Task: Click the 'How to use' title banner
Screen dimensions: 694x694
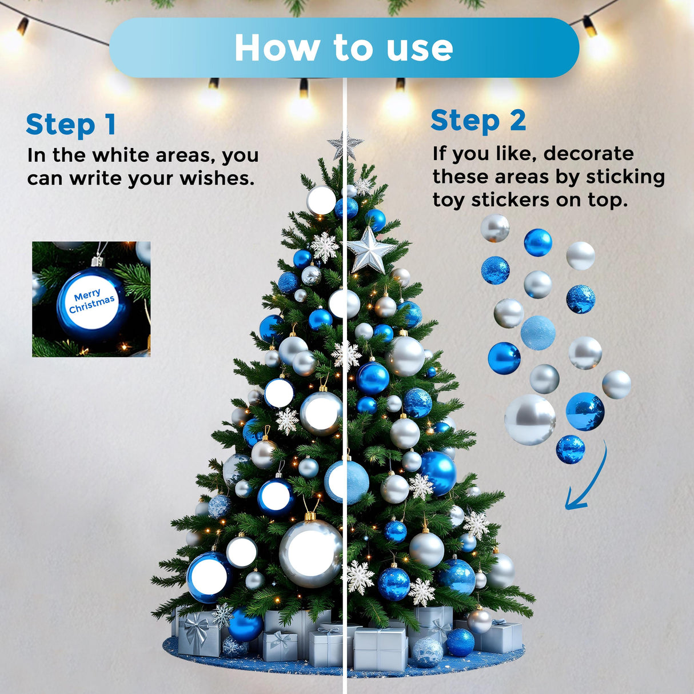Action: pyautogui.click(x=344, y=47)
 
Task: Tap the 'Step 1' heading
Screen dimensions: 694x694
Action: pyautogui.click(x=71, y=125)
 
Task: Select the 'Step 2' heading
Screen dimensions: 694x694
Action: pyautogui.click(x=478, y=121)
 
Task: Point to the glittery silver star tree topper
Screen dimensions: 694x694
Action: pyautogui.click(x=345, y=145)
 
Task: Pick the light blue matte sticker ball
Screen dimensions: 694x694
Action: pyautogui.click(x=538, y=332)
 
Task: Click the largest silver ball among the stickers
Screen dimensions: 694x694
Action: pyautogui.click(x=530, y=420)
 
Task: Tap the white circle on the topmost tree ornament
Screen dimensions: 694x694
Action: pyautogui.click(x=321, y=200)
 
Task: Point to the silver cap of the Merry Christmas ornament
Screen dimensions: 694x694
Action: pyautogui.click(x=98, y=261)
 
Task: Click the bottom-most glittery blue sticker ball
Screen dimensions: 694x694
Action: pyautogui.click(x=571, y=449)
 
